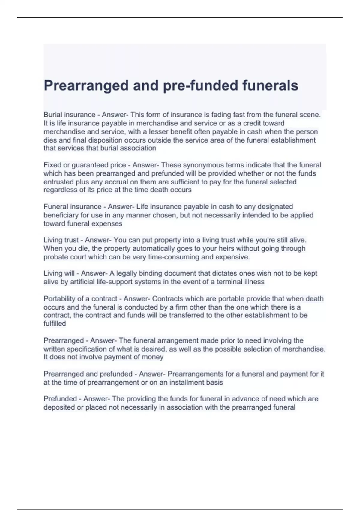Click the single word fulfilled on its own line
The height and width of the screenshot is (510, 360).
[x=55, y=324]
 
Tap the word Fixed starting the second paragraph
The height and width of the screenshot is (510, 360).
[x=52, y=165]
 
